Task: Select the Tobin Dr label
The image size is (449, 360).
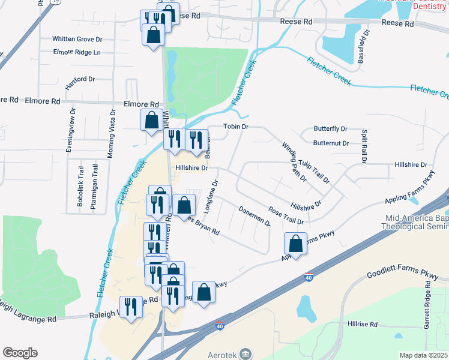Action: pyautogui.click(x=236, y=127)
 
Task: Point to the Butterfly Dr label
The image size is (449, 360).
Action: pyautogui.click(x=331, y=129)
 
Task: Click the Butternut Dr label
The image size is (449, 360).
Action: pyautogui.click(x=331, y=143)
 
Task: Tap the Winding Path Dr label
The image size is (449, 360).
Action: pyautogui.click(x=295, y=161)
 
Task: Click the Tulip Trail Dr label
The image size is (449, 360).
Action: pyautogui.click(x=315, y=172)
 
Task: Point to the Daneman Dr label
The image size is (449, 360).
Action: pyautogui.click(x=255, y=217)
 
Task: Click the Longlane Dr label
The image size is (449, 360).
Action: pyautogui.click(x=213, y=197)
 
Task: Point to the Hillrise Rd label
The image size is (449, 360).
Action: pyautogui.click(x=363, y=324)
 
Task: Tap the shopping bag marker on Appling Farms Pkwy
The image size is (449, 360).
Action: pyautogui.click(x=295, y=244)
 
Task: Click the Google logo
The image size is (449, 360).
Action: pyautogui.click(x=20, y=353)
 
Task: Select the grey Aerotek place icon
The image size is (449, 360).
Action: pyautogui.click(x=245, y=353)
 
